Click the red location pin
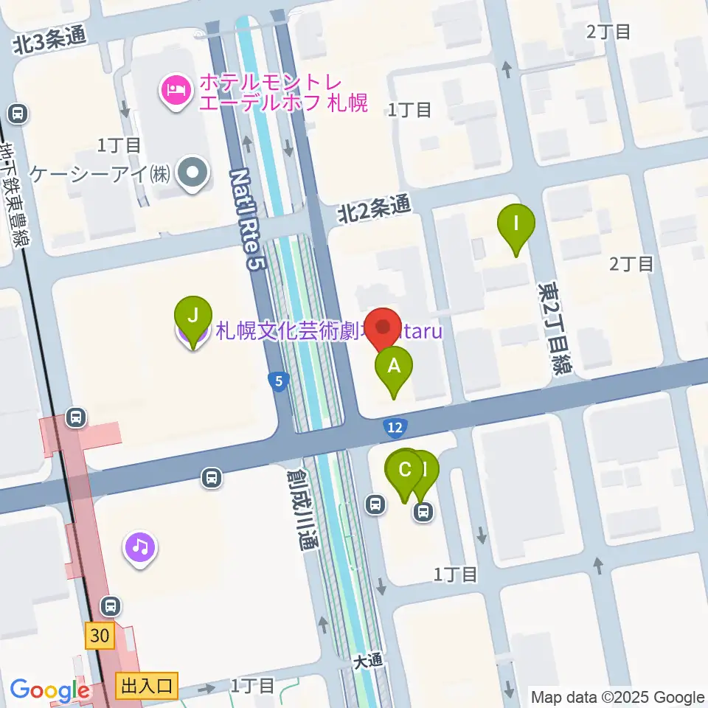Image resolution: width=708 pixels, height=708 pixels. coord(383,327)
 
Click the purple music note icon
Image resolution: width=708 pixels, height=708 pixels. coord(140,548)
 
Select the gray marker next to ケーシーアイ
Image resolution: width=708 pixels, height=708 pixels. coord(193,175)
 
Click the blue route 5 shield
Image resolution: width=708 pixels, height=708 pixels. coord(277,381)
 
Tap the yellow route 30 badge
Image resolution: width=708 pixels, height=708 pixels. coord(100,635)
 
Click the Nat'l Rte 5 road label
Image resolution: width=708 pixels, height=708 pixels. coord(246,219)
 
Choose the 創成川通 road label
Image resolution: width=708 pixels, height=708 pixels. coord(302,511)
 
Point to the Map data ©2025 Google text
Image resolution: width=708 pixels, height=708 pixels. coord(618,697)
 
